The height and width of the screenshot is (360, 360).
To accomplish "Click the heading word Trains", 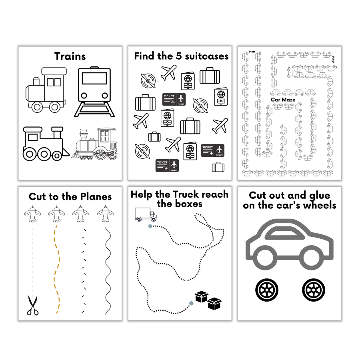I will (x=70, y=56).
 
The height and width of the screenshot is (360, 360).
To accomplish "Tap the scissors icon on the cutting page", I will (x=32, y=305).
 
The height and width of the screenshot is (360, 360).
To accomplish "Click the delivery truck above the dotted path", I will (x=146, y=214).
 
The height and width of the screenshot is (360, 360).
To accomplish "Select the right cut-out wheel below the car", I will (x=314, y=290).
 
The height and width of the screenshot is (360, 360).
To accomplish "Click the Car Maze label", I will (x=283, y=100).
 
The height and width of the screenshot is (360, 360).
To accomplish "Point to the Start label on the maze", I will (x=252, y=52).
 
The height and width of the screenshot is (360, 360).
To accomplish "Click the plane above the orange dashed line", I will (x=57, y=214).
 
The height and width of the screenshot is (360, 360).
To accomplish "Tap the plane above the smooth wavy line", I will (x=106, y=214).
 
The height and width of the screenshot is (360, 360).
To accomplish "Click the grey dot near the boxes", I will (x=191, y=303).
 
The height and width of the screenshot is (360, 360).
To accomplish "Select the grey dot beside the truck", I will (x=150, y=226).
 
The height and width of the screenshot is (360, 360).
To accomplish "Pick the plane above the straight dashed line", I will (x=32, y=214).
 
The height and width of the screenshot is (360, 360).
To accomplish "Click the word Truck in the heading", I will (x=186, y=195).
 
